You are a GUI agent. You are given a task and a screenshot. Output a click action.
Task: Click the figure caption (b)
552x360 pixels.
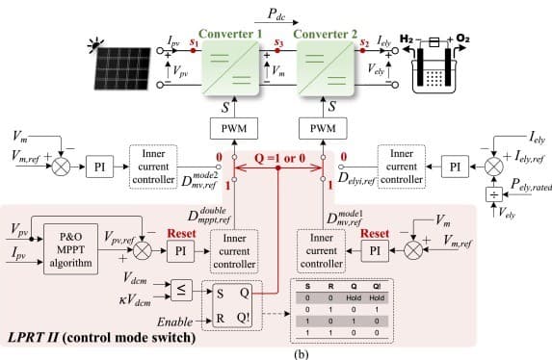pyautogui.click(x=276, y=352)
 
